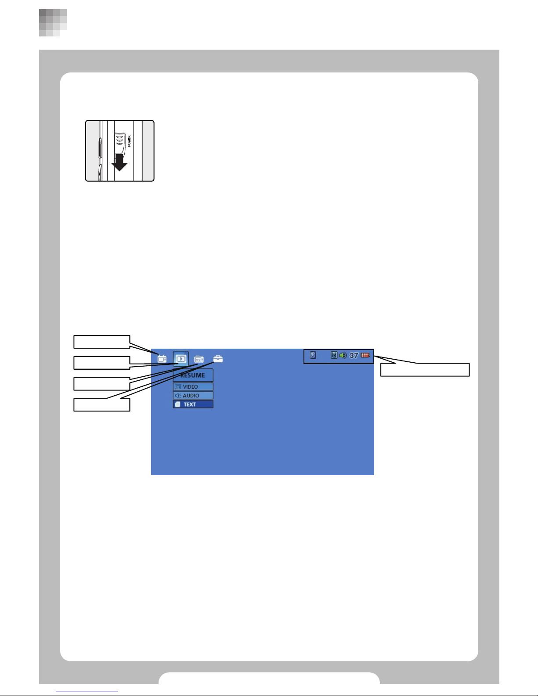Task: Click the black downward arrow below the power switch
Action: [119, 162]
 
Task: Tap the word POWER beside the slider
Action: [129, 141]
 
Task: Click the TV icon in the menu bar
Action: [162, 359]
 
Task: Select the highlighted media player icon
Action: [181, 359]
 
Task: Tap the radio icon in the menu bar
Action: [199, 359]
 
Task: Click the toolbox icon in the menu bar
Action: [218, 359]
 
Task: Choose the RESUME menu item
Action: [193, 375]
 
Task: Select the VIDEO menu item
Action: [193, 386]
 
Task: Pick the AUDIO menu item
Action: [193, 396]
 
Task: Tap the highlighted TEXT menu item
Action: [193, 404]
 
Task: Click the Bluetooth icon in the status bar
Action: [313, 355]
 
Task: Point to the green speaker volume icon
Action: [343, 355]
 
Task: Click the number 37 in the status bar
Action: [354, 355]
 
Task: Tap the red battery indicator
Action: [365, 355]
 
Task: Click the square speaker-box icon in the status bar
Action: [334, 355]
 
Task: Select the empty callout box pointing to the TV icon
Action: [102, 342]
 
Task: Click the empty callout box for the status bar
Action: [425, 370]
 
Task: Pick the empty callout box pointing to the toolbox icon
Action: [102, 405]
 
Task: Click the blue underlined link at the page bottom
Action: [87, 692]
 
